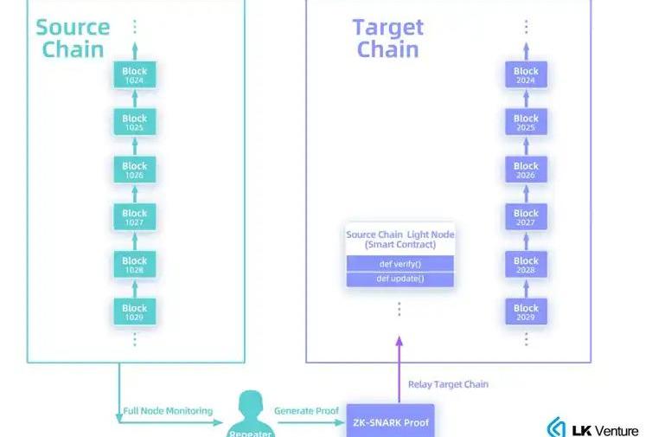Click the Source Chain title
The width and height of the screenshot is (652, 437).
(x=73, y=38)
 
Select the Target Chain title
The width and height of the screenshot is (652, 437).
(x=387, y=38)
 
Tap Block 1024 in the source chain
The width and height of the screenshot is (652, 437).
(x=134, y=75)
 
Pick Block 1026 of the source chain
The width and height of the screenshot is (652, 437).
(x=134, y=170)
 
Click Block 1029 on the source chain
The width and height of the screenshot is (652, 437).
(x=134, y=312)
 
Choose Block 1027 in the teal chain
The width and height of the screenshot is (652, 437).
(x=134, y=217)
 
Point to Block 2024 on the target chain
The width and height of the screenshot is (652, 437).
(x=526, y=75)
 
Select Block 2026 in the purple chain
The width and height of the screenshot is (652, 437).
(x=526, y=170)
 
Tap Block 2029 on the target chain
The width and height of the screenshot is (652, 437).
(x=526, y=312)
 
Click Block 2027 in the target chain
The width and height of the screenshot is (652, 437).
(x=526, y=217)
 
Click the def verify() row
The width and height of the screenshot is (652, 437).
(x=400, y=263)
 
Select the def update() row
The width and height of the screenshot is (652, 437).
(x=400, y=279)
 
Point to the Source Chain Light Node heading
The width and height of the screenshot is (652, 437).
(x=400, y=240)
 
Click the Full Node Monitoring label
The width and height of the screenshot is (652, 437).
(x=167, y=410)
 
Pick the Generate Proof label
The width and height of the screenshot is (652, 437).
(x=305, y=410)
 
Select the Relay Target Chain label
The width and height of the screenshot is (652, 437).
(x=448, y=384)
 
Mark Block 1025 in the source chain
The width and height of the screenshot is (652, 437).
(x=134, y=122)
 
